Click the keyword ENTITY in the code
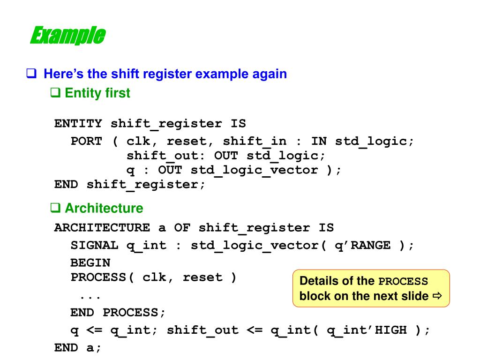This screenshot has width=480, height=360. click(x=78, y=124)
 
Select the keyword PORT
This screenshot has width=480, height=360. click(x=86, y=141)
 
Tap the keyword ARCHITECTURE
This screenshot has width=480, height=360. click(x=102, y=228)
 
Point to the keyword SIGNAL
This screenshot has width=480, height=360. click(x=94, y=245)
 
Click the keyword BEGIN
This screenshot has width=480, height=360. click(x=90, y=263)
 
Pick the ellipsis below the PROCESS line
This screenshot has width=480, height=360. click(x=90, y=297)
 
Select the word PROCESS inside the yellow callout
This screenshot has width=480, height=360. click(x=403, y=282)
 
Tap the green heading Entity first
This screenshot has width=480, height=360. click(x=97, y=93)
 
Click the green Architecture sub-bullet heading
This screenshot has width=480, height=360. click(x=104, y=208)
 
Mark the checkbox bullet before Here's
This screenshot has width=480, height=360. click(x=31, y=74)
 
